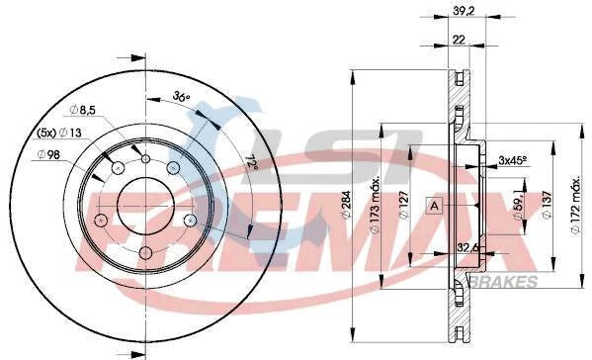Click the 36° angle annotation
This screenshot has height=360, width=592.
pos(180,97)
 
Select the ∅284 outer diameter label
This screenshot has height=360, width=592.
pos(374,212)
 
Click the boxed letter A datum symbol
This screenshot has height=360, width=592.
pos(433,205)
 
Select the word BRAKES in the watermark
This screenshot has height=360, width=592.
pos(508,282)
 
